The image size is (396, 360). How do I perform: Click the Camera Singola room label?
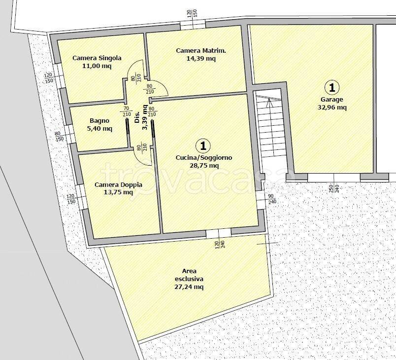(97, 58)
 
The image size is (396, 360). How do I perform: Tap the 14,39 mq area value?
(201, 59)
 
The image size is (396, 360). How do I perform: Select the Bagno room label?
(99, 121)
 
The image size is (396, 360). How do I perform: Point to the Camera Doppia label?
(118, 185)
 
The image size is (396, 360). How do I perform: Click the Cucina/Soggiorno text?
(204, 158)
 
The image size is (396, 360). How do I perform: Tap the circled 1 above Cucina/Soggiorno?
(203, 145)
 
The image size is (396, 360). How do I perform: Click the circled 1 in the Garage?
(332, 87)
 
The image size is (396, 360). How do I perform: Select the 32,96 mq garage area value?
(332, 108)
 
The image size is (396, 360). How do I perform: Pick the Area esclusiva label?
(189, 275)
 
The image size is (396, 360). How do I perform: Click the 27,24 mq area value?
(189, 287)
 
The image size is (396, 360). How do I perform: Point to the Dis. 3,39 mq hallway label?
(141, 117)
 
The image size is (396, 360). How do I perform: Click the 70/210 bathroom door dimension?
(127, 111)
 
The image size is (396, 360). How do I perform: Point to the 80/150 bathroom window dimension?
(59, 136)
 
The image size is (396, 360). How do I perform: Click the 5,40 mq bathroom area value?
(99, 129)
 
